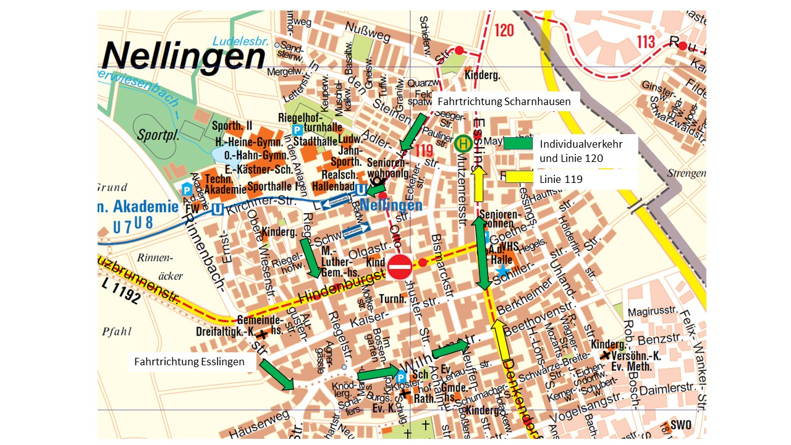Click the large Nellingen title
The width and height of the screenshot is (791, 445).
[184, 56]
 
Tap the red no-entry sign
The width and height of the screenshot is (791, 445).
[399, 267]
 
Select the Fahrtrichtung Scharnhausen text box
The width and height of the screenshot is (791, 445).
[505, 101]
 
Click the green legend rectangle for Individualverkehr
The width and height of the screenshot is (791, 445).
[518, 143]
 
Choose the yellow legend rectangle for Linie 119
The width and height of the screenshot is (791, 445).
[518, 179]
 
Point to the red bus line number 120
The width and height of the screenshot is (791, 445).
[504, 30]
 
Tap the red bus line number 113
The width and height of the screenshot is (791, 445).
[645, 41]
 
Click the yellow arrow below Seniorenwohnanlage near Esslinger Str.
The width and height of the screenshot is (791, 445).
[478, 184]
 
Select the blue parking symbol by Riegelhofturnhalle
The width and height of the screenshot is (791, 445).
[297, 130]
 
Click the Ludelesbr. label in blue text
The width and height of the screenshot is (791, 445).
[240, 41]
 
